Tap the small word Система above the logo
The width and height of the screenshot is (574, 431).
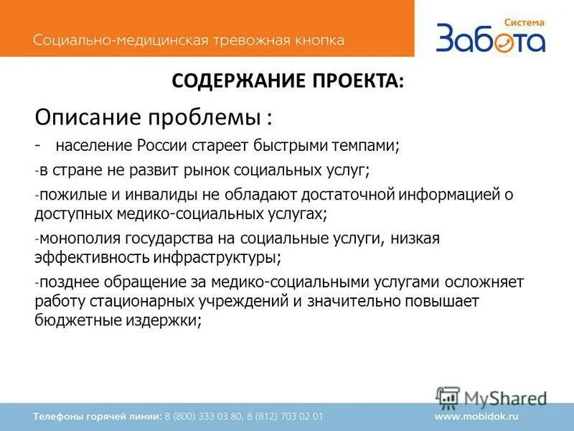[x=524, y=22]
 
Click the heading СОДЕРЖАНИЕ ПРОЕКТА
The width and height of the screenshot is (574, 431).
[x=288, y=80]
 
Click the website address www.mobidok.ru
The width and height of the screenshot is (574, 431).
[x=476, y=416]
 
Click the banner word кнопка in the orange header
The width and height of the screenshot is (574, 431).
[x=317, y=40]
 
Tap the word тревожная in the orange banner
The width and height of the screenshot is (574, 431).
[x=247, y=40]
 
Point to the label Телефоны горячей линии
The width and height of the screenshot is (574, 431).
[x=96, y=416]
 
